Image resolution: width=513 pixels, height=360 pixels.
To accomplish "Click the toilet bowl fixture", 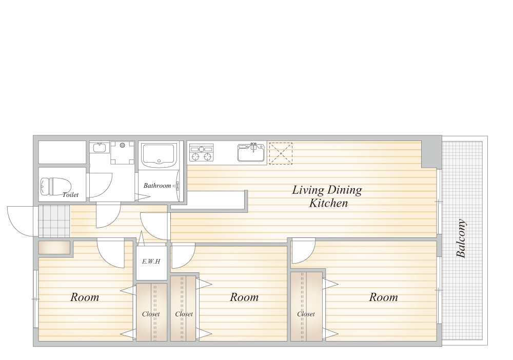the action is (x=53, y=186).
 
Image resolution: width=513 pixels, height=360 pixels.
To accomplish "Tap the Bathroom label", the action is (x=157, y=186).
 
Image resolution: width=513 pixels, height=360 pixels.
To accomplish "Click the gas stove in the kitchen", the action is (x=202, y=153).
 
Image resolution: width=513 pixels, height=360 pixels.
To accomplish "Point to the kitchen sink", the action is (x=251, y=152).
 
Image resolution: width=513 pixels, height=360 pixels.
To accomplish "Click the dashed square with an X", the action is (x=281, y=153).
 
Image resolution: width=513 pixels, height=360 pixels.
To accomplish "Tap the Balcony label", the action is (x=461, y=238).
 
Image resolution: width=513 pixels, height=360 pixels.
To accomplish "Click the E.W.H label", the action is (x=151, y=261).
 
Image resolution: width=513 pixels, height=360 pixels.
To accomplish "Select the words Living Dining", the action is (x=327, y=190).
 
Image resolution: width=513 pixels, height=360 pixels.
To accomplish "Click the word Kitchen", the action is (x=328, y=203).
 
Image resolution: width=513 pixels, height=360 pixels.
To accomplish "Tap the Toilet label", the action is (x=70, y=194).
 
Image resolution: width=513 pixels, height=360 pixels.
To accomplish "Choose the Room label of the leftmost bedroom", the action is (x=85, y=297).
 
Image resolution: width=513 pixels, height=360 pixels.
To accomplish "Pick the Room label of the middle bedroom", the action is (x=244, y=297).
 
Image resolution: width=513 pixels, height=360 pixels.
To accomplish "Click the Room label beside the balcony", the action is (x=383, y=297).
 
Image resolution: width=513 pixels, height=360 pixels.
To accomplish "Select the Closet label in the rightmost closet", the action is (x=306, y=314).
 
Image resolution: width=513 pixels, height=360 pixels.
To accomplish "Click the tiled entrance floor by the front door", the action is (x=54, y=221).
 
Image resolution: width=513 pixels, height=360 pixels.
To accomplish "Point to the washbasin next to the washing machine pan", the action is (x=99, y=148).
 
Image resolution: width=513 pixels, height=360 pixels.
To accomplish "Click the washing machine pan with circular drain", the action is (x=123, y=153).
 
